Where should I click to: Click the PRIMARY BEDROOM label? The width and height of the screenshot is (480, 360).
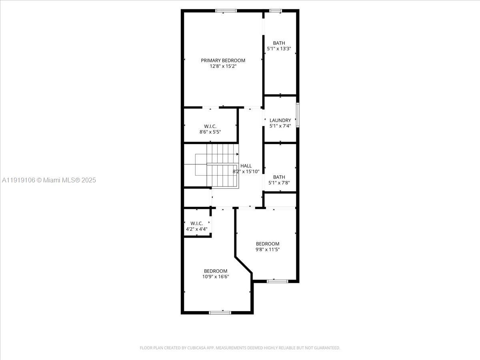click(223, 60)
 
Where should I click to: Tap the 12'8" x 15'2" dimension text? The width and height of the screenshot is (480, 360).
click(223, 66)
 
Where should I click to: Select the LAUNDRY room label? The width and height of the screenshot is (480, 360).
click(280, 120)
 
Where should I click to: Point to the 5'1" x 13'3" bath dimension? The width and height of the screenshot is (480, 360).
click(279, 49)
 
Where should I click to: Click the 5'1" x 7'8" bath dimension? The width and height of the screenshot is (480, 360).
click(279, 183)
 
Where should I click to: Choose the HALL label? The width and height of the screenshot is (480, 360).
click(246, 166)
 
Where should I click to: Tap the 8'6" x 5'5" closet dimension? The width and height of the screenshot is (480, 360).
click(210, 132)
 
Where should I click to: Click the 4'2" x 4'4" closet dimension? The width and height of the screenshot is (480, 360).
click(196, 229)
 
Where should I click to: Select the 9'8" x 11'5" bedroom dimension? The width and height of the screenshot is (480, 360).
click(268, 250)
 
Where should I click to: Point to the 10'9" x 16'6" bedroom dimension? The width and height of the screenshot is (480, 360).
click(216, 276)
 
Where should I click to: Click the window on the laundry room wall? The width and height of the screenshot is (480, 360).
click(298, 115)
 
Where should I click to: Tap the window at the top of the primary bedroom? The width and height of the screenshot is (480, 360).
click(226, 11)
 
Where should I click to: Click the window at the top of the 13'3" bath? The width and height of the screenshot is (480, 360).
click(275, 11)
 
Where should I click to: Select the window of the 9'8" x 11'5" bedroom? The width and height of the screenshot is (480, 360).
click(277, 281)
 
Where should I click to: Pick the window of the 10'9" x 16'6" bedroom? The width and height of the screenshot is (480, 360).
click(220, 312)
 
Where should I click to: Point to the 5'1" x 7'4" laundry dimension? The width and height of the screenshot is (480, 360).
click(280, 126)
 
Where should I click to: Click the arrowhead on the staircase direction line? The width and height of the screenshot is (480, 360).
click(237, 154)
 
